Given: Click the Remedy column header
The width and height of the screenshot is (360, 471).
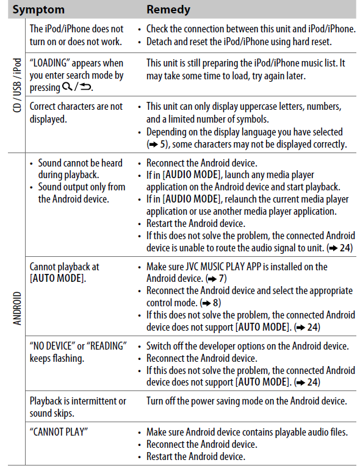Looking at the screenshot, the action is point(168,9).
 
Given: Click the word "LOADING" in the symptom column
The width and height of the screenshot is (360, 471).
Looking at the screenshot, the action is point(54,63).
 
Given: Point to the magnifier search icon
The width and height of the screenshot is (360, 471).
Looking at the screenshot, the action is point(66,87).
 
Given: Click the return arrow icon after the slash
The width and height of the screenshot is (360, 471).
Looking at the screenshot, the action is point(84,87).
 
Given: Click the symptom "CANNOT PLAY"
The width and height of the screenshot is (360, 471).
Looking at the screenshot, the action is point(59,432).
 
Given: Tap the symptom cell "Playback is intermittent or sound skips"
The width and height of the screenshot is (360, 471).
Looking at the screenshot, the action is point(77,407).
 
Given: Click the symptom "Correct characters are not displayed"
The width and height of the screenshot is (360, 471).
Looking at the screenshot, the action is point(76,112).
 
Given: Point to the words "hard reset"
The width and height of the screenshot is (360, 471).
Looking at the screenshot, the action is point(309,41).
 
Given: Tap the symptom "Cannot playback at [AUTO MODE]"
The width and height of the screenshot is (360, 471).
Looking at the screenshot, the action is point(64,273).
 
